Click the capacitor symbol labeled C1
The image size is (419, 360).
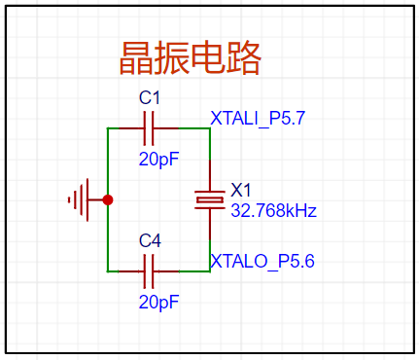149,128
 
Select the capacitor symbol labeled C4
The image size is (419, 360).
149,271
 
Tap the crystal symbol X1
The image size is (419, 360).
210,200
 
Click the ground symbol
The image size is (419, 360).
81,199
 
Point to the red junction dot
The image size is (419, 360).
108,200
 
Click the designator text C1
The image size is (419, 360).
150,97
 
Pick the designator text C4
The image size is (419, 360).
150,241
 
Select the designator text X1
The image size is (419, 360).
241,190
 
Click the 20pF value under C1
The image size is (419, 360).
158,160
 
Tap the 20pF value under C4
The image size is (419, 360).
158,302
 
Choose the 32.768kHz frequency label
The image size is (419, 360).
273,211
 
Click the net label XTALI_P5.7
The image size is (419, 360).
258,118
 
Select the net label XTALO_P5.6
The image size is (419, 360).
262,261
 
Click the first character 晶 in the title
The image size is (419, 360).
136,58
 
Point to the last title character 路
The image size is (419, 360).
243,58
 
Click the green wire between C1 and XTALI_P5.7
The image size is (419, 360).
194,128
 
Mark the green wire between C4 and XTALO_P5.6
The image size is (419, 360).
194,271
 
